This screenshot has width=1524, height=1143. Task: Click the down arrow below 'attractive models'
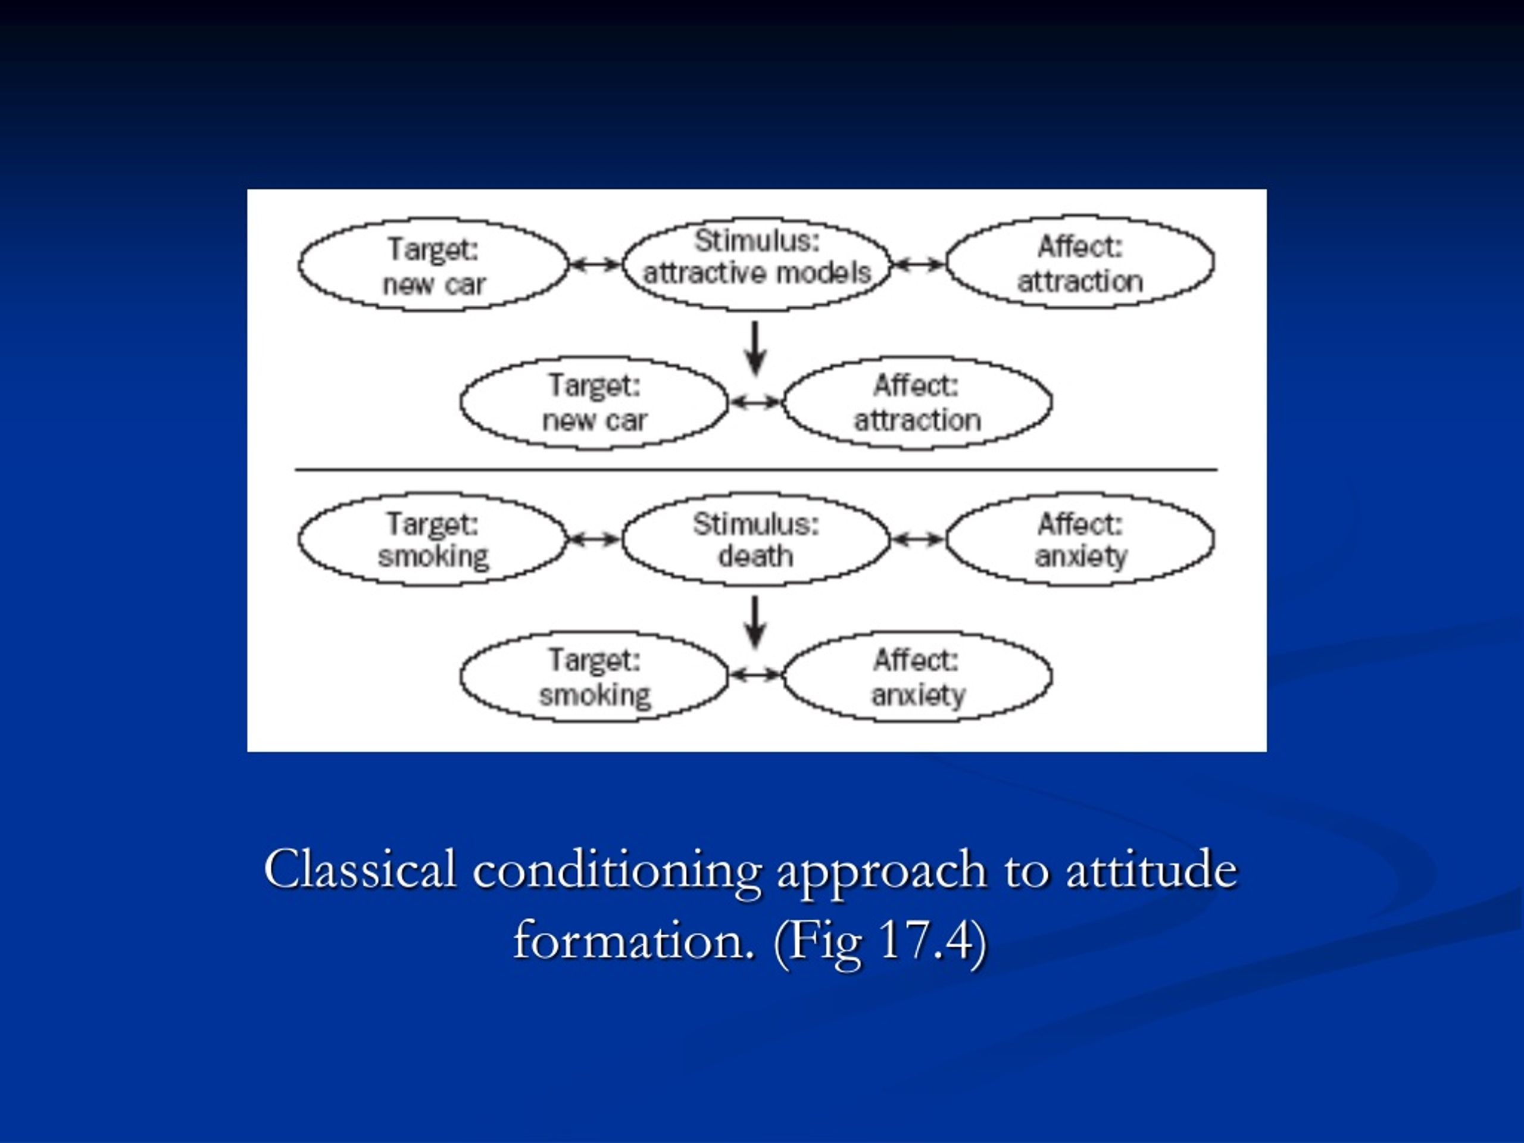(x=756, y=348)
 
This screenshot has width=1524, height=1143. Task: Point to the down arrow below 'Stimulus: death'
(x=756, y=622)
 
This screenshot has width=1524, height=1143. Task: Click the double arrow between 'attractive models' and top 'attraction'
(x=919, y=264)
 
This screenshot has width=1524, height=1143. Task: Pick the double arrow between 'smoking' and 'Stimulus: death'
(x=595, y=539)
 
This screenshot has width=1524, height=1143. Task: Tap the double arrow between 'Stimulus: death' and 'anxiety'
(x=919, y=539)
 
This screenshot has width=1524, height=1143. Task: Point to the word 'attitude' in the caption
(x=1152, y=870)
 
